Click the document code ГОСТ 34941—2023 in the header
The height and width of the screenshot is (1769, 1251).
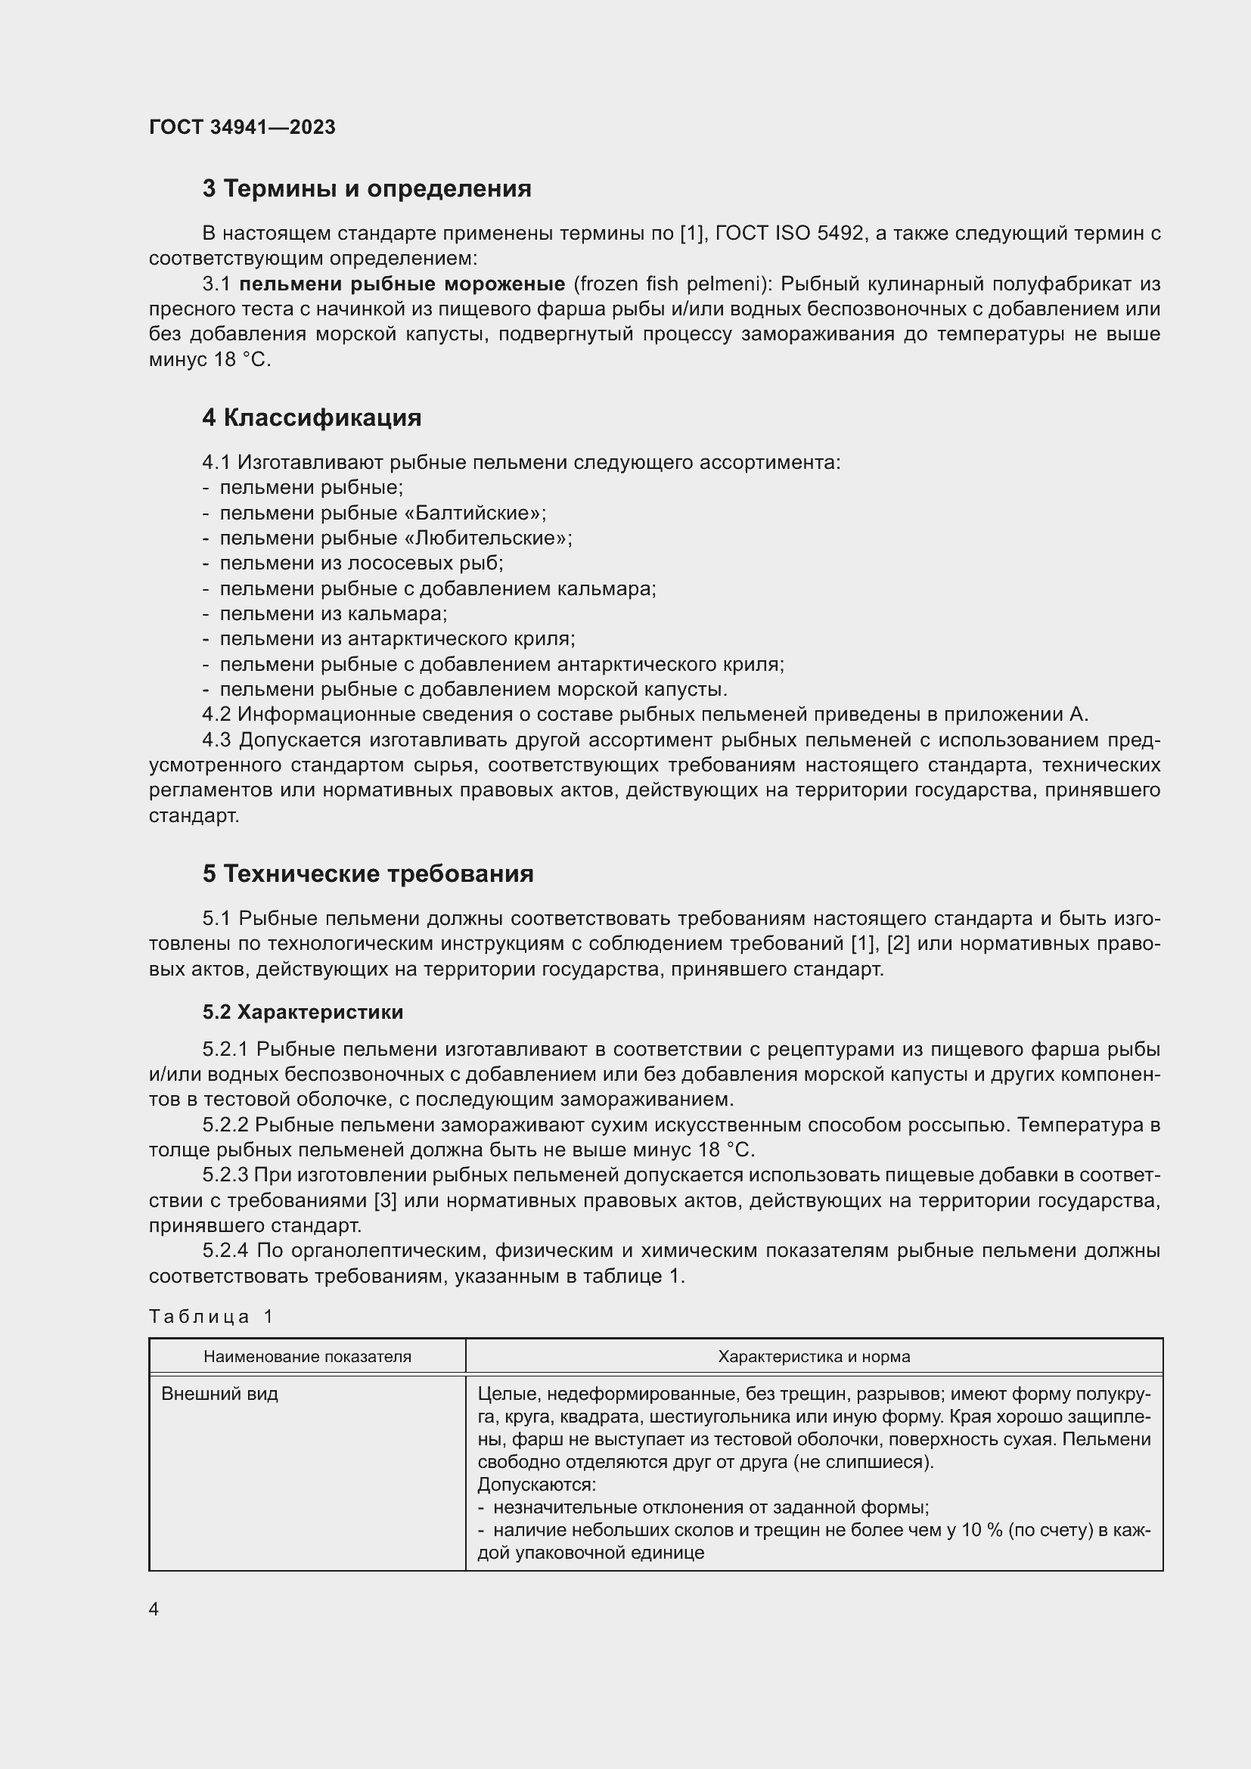[x=242, y=127]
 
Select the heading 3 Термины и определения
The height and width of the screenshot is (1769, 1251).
[x=367, y=189]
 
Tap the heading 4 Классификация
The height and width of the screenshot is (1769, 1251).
[x=311, y=417]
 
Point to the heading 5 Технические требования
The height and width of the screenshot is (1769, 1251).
[x=368, y=874]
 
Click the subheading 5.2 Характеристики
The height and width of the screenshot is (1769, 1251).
[x=303, y=1012]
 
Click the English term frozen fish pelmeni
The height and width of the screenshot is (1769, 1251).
[x=668, y=284]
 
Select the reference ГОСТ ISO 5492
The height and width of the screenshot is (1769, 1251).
[x=789, y=233]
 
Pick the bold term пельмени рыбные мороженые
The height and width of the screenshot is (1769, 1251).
[x=402, y=284]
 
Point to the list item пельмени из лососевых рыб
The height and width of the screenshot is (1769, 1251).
[x=361, y=563]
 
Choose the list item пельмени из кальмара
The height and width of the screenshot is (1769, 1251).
[x=333, y=614]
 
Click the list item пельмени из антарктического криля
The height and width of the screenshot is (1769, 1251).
[x=397, y=639]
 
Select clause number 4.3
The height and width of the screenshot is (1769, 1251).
[x=216, y=740]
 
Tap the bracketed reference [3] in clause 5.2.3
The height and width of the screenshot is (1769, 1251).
[x=384, y=1200]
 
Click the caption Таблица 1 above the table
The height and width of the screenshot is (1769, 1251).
[x=211, y=1316]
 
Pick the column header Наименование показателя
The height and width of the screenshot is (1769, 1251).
[x=306, y=1357]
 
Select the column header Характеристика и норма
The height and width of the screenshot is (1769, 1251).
[x=814, y=1357]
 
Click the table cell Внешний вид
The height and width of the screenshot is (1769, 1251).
[x=219, y=1394]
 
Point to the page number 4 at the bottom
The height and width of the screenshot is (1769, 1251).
[x=154, y=1609]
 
